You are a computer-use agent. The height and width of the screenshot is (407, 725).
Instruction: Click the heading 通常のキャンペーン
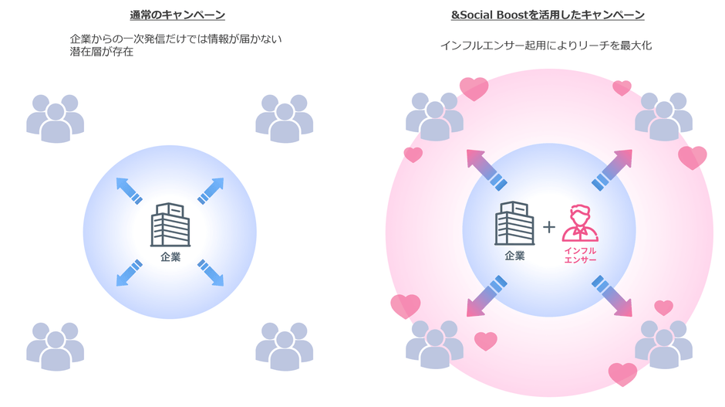(x=177, y=15)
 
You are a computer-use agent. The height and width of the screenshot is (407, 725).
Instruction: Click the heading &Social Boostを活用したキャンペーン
(x=548, y=15)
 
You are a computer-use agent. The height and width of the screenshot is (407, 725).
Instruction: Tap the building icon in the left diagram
(x=170, y=225)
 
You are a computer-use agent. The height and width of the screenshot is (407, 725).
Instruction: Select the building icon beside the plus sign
(x=514, y=223)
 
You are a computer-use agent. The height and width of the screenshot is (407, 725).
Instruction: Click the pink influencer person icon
(x=580, y=223)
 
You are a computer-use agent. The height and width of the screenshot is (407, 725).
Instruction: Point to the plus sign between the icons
(x=549, y=227)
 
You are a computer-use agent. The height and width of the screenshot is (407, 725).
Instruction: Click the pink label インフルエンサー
(x=580, y=255)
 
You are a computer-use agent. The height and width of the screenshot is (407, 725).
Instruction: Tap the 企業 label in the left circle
(x=170, y=257)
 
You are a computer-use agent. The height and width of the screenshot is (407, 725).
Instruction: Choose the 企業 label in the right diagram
(x=514, y=256)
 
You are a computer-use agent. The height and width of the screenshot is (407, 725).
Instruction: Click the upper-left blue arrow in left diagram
(x=129, y=191)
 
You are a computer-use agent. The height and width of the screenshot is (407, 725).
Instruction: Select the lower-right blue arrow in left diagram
(x=211, y=273)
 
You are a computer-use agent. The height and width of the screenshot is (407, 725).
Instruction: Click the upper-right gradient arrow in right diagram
(x=612, y=170)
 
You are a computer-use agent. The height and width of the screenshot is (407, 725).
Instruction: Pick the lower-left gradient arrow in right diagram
(x=487, y=296)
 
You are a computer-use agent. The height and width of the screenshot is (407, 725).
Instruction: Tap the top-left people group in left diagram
(x=56, y=118)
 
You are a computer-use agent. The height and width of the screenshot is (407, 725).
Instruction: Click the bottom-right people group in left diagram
(x=285, y=346)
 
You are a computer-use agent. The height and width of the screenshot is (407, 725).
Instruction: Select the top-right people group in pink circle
(x=663, y=117)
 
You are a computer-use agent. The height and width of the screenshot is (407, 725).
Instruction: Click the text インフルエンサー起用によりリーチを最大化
(x=546, y=46)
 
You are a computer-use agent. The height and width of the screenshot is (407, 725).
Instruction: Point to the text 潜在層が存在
(x=102, y=52)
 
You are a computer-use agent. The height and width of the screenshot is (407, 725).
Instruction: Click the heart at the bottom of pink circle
(x=622, y=374)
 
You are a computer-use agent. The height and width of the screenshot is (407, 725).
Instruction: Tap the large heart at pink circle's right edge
(x=693, y=158)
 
